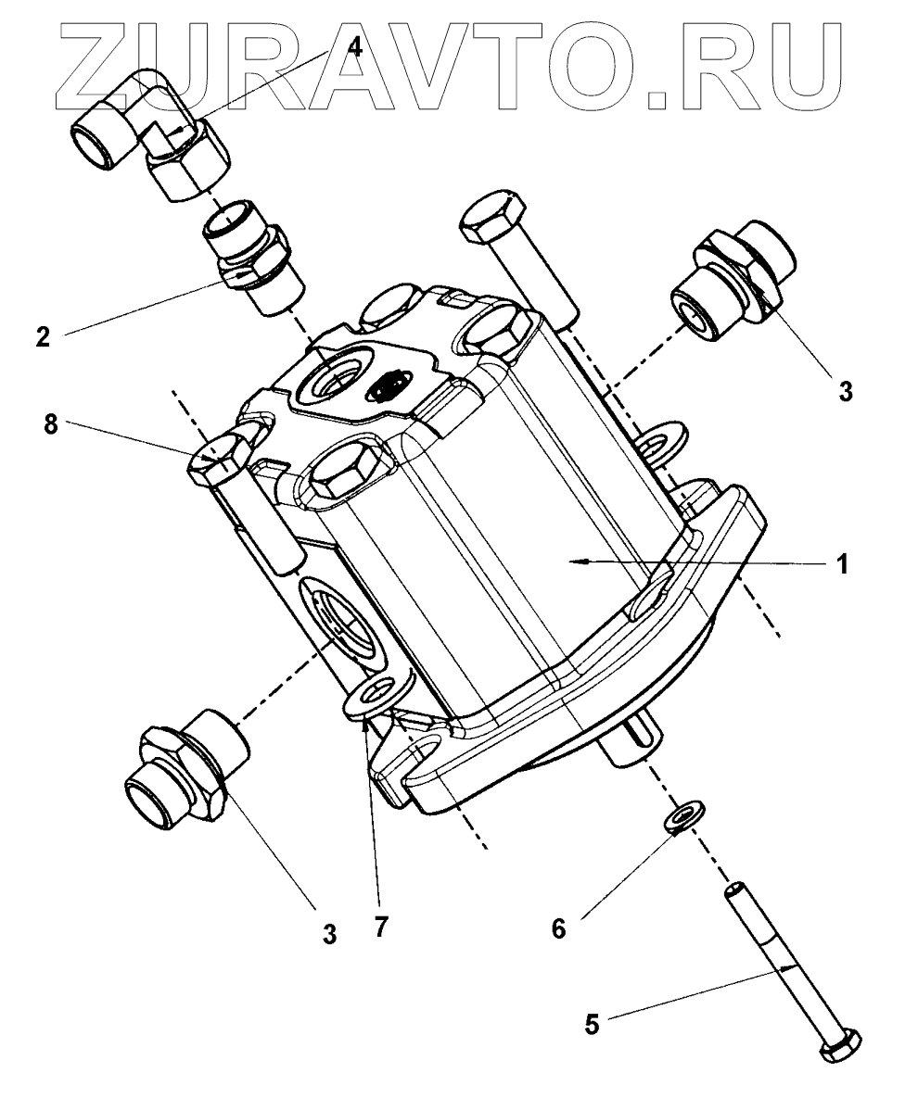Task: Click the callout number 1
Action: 841,564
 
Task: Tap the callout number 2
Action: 43,336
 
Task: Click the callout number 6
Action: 557,928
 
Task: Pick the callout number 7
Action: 377,928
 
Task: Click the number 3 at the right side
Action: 844,389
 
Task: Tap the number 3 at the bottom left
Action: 329,934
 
